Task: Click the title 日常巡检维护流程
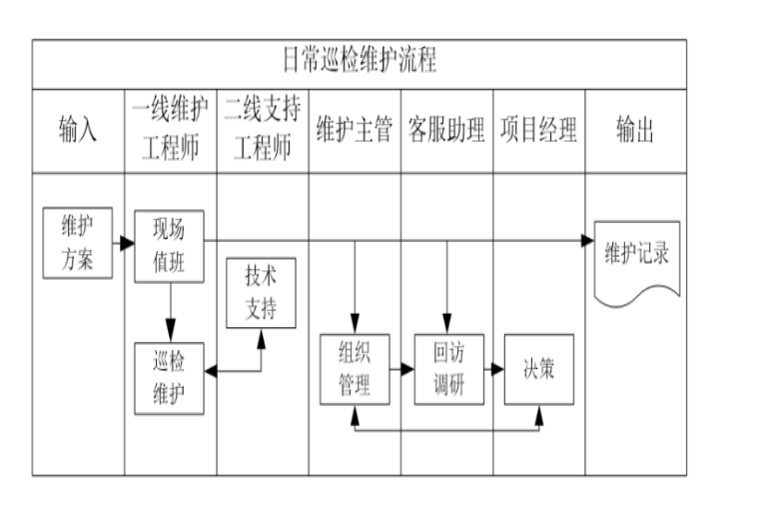coord(359,62)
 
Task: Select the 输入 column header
coord(78,130)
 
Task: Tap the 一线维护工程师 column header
coord(171,130)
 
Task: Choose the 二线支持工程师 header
coord(262,130)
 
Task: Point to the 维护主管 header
coord(354,130)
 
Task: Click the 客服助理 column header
coord(445,130)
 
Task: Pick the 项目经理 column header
coord(538,130)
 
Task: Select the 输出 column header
coord(635,130)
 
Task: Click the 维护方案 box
coord(78,243)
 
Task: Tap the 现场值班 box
coord(169,246)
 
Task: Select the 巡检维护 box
coord(169,378)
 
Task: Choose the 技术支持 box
coord(262,293)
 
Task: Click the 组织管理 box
coord(354,369)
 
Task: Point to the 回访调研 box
coord(448,369)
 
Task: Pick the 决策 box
coord(538,369)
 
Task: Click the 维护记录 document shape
coord(636,256)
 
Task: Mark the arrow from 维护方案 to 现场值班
coord(124,243)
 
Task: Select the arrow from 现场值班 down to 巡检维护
coord(171,312)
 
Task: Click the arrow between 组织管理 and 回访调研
coord(400,369)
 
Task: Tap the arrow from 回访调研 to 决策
coord(493,369)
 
